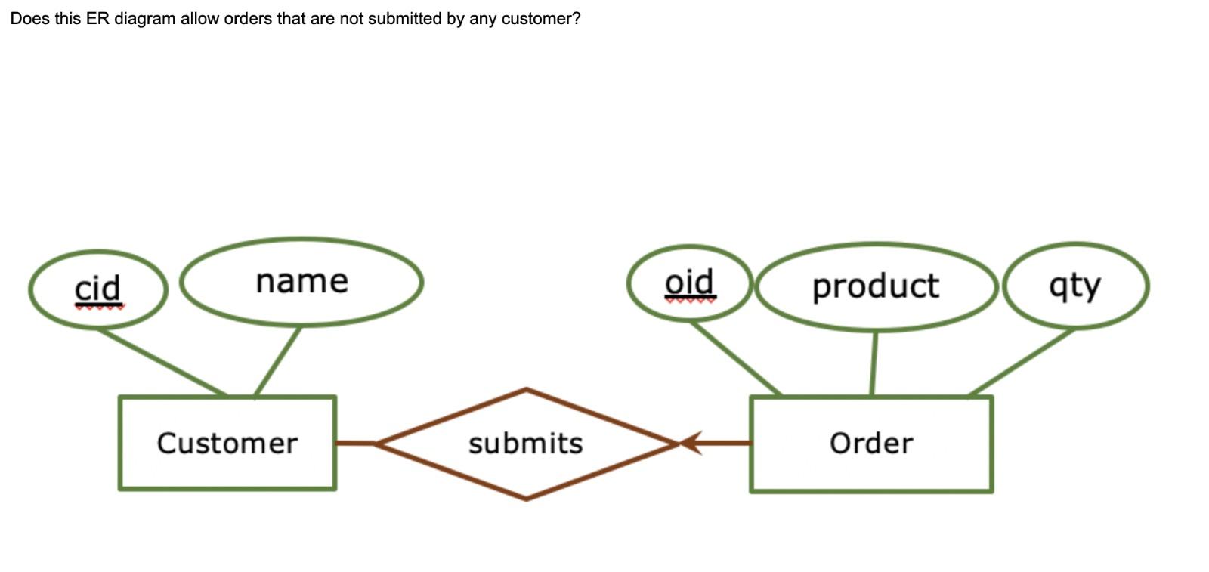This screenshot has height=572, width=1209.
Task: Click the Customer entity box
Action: tap(227, 443)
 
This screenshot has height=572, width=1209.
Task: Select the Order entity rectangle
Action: tap(870, 444)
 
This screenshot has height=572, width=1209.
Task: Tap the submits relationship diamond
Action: tap(526, 444)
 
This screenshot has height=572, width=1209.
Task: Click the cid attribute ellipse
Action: tap(97, 289)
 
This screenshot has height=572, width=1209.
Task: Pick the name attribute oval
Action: tap(301, 282)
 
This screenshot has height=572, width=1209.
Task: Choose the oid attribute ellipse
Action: tap(689, 283)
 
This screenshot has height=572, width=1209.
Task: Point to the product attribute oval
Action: tap(875, 286)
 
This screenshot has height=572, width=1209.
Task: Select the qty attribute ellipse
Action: tap(1074, 286)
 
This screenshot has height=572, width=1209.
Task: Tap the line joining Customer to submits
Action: tap(355, 443)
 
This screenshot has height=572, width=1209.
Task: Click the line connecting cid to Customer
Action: tap(161, 362)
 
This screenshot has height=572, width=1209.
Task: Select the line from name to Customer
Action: tap(278, 360)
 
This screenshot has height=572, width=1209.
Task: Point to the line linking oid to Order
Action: tap(736, 358)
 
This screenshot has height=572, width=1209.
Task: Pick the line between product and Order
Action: tap(874, 363)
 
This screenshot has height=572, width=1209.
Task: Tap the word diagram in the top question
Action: tap(144, 19)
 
